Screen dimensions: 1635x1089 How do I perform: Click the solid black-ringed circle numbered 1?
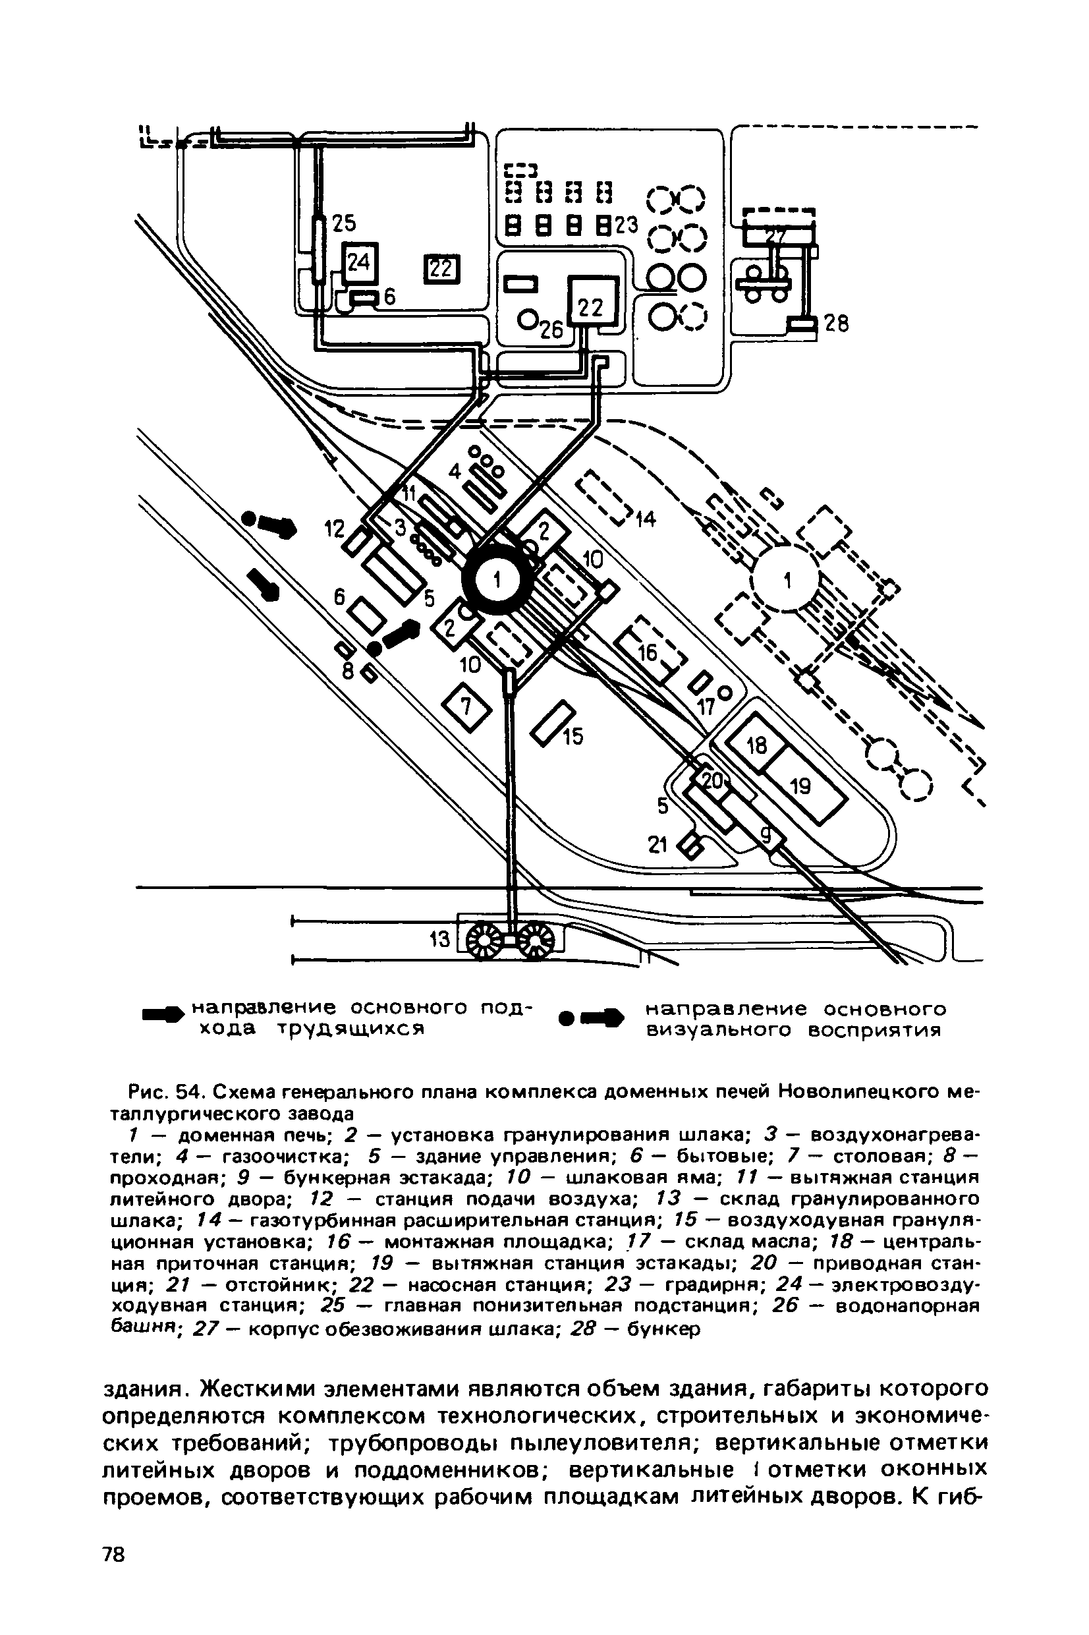point(497,581)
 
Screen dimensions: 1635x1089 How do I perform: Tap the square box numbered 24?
point(360,262)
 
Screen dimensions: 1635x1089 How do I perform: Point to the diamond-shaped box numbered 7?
point(467,707)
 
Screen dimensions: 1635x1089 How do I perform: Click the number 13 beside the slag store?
point(440,940)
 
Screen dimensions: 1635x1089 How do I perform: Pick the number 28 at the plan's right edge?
point(835,324)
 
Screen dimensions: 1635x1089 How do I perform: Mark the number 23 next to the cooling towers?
point(625,225)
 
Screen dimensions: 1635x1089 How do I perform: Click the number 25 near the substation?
point(343,223)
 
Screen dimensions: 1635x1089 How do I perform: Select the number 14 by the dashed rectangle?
point(645,519)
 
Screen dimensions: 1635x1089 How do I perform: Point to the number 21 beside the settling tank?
point(657,845)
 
